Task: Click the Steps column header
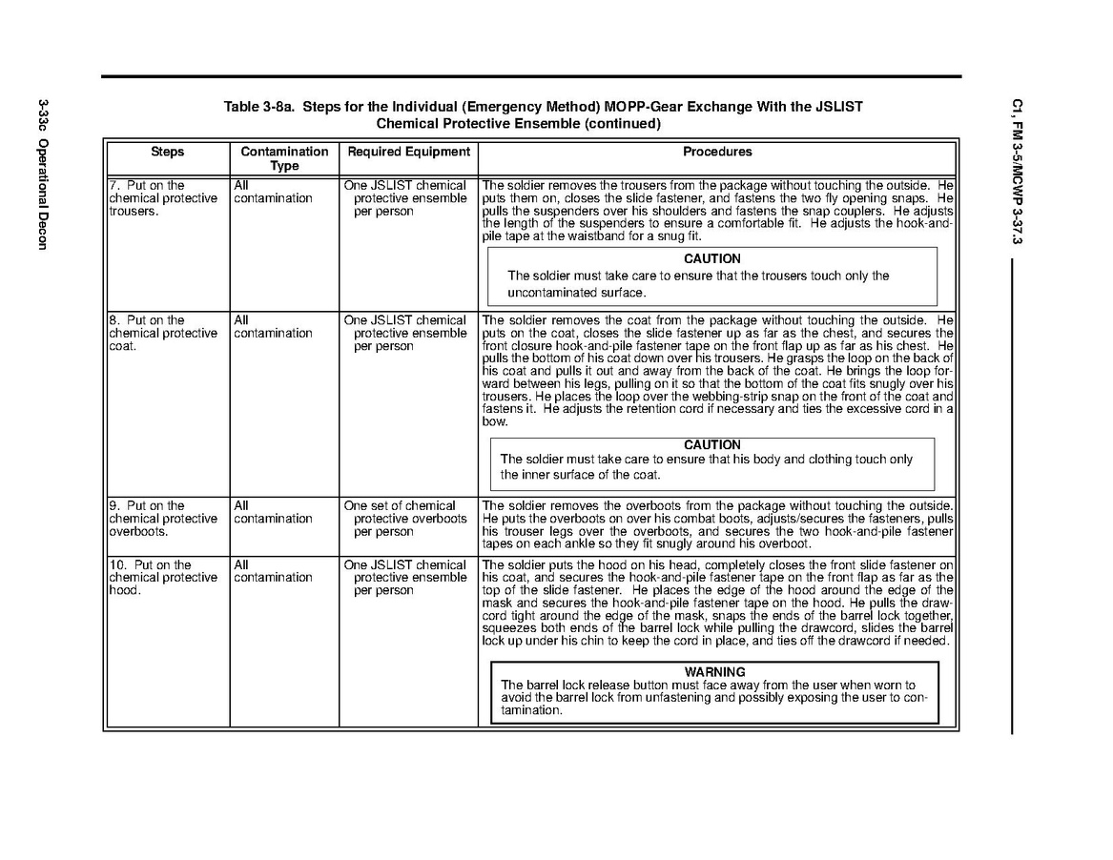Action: [x=167, y=152]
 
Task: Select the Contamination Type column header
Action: [x=284, y=158]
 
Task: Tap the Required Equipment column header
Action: [x=408, y=152]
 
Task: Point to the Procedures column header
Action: [x=717, y=152]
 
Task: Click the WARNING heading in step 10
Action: [x=714, y=672]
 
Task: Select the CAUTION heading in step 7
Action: [x=711, y=258]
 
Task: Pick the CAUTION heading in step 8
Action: [x=711, y=445]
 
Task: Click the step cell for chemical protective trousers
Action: [x=163, y=198]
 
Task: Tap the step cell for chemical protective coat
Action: [x=163, y=334]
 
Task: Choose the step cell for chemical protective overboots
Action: [x=163, y=519]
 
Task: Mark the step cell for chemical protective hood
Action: [x=163, y=578]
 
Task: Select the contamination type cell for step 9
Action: [x=273, y=513]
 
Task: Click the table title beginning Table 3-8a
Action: [x=543, y=107]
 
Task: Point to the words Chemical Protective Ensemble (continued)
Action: [x=518, y=124]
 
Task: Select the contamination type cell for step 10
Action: [x=273, y=571]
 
